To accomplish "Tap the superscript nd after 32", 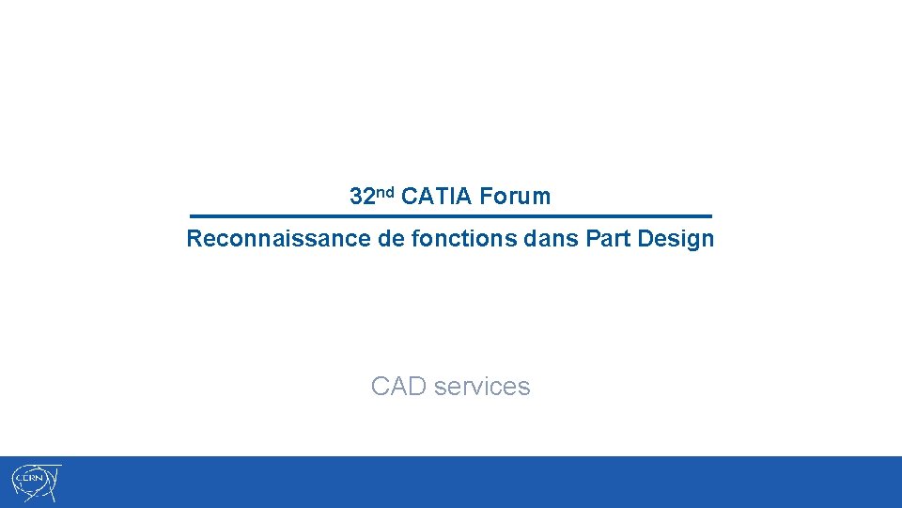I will (x=383, y=192).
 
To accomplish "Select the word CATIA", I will (x=436, y=197).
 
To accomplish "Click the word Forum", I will (x=515, y=197).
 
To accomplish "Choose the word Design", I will (x=676, y=239).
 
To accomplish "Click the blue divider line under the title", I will (x=451, y=216).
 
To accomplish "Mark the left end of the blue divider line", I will (x=192, y=216).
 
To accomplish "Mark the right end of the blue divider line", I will (x=710, y=216).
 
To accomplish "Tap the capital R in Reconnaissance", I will (x=194, y=239).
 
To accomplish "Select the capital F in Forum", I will (x=485, y=197).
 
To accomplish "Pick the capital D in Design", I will (x=644, y=239).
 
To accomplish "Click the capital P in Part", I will (x=591, y=239).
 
